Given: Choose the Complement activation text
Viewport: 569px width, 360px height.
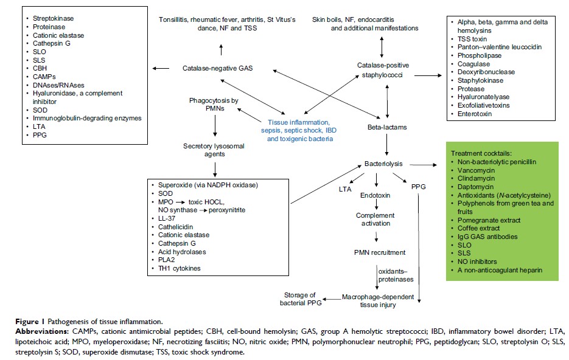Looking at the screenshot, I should click(x=375, y=220).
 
